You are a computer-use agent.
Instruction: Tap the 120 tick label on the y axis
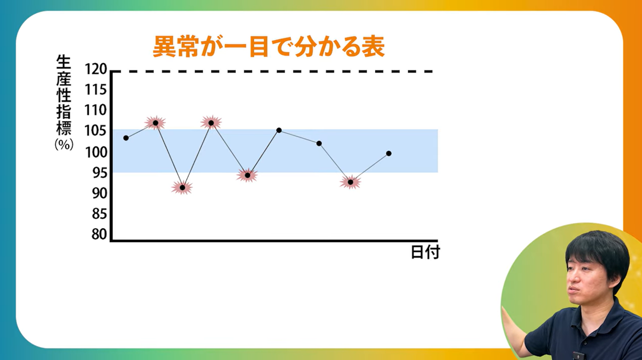point(96,69)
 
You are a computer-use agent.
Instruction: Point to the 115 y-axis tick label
point(96,90)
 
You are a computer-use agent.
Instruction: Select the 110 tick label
point(96,110)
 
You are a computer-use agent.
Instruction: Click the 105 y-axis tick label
point(96,131)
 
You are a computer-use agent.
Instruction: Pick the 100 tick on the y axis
point(96,152)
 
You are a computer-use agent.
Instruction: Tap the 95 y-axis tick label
point(99,173)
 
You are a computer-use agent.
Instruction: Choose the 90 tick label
point(99,193)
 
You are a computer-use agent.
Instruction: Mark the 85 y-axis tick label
point(99,214)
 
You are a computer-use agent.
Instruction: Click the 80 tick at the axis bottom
point(99,234)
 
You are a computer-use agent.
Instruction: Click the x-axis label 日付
point(425,252)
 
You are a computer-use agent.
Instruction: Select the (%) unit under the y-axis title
point(64,145)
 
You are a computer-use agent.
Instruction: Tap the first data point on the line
point(126,138)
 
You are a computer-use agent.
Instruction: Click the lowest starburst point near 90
point(182,188)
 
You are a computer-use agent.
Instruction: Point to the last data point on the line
point(389,153)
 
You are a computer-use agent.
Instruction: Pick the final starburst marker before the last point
point(350,182)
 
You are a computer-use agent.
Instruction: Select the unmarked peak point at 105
point(279,130)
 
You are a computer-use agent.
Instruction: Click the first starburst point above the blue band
point(155,123)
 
